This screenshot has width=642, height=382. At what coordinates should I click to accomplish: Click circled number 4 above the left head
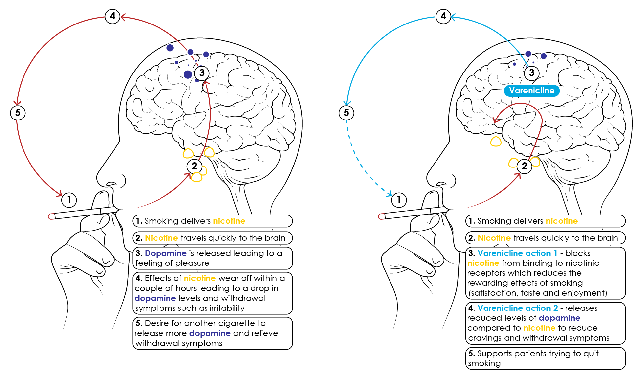(113, 16)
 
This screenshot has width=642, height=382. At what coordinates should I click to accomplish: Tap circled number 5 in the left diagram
(18, 113)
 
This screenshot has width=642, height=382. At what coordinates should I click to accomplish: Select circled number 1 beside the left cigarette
(69, 200)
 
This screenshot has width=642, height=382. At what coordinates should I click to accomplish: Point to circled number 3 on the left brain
(202, 73)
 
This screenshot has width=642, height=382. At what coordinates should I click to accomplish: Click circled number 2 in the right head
(524, 166)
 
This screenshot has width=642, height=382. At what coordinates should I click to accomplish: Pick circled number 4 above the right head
(443, 16)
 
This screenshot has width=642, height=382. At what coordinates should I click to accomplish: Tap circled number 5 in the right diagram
(346, 113)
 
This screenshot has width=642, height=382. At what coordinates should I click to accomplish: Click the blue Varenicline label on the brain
(531, 91)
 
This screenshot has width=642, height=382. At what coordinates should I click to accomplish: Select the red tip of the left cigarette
(51, 216)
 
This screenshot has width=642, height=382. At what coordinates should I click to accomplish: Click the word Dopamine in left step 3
(165, 253)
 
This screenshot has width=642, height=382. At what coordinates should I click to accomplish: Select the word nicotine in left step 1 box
(229, 221)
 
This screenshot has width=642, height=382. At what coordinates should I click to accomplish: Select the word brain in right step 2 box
(608, 238)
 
